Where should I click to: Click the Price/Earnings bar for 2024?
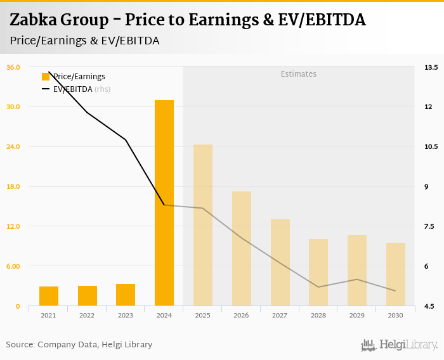[x=164, y=203]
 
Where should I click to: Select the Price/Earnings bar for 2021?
[x=49, y=296]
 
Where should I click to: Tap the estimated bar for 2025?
[x=203, y=225]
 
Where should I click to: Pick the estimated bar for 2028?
[x=318, y=273]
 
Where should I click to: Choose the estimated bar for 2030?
[x=396, y=274]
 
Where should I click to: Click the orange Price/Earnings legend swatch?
[x=46, y=77]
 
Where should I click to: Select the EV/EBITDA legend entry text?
[x=73, y=89]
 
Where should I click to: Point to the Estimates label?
[x=299, y=74]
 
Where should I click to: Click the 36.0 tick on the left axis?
[x=13, y=67]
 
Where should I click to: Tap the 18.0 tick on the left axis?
[x=13, y=186]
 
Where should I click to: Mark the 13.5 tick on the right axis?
[x=431, y=67]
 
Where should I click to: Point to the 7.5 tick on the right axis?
[x=431, y=226]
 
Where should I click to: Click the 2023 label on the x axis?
[x=126, y=315]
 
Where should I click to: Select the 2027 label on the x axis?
[x=280, y=315]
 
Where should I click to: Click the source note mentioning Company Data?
[x=79, y=345]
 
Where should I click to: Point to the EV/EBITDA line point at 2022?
[x=87, y=112]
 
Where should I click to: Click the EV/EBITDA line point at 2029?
[x=357, y=280]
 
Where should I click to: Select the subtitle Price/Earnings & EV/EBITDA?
[x=84, y=41]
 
